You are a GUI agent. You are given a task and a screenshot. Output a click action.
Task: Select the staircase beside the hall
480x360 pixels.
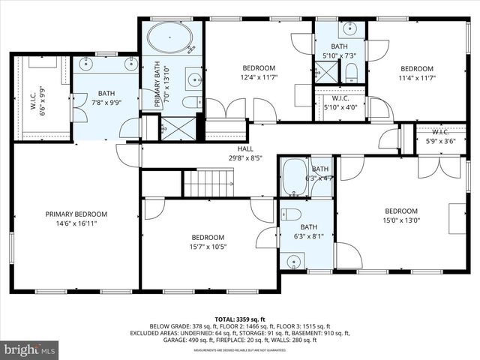pos(209,182)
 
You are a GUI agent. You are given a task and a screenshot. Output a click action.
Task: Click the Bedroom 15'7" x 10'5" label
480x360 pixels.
pos(207,242)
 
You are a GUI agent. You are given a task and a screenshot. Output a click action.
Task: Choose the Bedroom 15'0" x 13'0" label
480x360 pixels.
pos(401,216)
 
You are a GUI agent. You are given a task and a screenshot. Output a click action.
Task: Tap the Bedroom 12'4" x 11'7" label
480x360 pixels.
pos(258,73)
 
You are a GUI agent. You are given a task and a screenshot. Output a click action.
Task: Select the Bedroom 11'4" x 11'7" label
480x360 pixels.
pos(416,73)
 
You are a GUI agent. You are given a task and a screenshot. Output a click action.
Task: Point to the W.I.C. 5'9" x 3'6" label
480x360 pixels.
pos(440,137)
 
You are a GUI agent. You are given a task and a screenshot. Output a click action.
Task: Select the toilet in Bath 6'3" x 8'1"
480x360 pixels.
pos(291,214)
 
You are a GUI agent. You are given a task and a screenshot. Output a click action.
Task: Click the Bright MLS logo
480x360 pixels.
pos(30,349)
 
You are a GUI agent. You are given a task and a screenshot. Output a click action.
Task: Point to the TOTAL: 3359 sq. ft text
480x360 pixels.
pos(239,319)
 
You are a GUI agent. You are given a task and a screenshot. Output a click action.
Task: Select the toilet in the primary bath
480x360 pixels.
pos(190,101)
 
